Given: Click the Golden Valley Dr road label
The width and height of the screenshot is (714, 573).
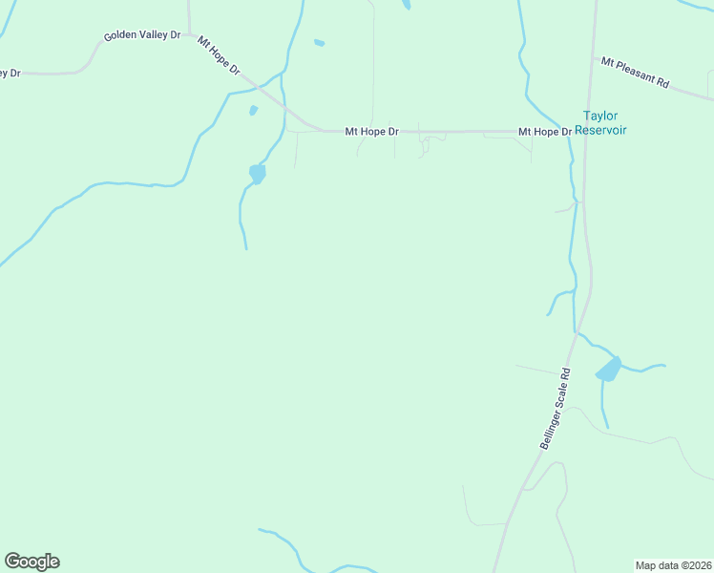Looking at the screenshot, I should click(x=142, y=35).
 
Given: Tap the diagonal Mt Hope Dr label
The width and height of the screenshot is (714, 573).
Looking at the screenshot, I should click(x=219, y=56).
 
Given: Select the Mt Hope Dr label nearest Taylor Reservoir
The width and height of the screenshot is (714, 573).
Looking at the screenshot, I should click(x=544, y=132).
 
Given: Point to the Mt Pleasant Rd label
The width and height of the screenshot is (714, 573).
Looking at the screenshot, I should click(x=635, y=72).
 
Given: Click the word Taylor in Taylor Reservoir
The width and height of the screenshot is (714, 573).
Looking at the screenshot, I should click(x=600, y=116).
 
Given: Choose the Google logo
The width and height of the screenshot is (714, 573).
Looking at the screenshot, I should click(x=31, y=562).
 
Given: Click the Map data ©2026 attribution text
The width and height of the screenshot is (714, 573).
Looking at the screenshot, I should click(x=672, y=564).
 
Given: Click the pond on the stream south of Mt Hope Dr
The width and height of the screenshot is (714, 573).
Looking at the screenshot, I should click(x=257, y=174).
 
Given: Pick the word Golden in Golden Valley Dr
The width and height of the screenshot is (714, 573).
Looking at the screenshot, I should click(x=121, y=37).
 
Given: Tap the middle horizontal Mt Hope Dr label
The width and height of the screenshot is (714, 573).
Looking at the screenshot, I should click(x=371, y=132).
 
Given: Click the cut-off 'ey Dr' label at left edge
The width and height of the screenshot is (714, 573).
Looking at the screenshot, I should click(x=10, y=73).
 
